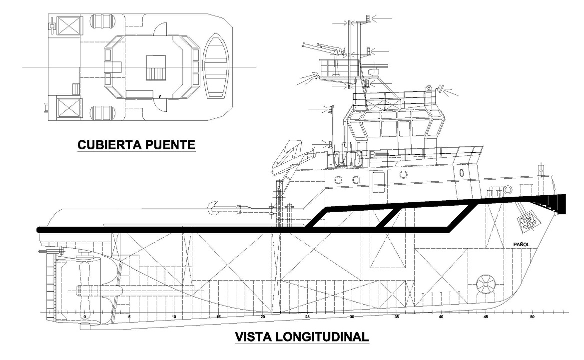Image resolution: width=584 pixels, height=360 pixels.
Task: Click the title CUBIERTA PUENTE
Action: click(136, 145)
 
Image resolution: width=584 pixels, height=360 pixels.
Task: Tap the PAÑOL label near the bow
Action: click(521, 244)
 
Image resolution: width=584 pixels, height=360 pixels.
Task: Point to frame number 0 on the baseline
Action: click(85, 317)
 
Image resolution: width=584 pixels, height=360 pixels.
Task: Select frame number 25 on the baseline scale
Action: click(308, 317)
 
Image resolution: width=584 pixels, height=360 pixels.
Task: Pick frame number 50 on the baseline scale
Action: click(532, 317)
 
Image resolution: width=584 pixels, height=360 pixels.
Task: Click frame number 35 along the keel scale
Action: click(397, 317)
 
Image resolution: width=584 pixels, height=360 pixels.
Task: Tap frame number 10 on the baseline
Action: click(174, 317)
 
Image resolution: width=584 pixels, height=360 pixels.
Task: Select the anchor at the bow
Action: click(527, 220)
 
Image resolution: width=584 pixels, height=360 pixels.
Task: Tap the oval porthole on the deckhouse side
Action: click(462, 173)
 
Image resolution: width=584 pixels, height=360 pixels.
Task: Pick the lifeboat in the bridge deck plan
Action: click(215, 66)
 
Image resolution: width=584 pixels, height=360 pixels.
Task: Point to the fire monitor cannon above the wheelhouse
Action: click(322, 48)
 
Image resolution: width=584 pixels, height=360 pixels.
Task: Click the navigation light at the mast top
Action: click(368, 19)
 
